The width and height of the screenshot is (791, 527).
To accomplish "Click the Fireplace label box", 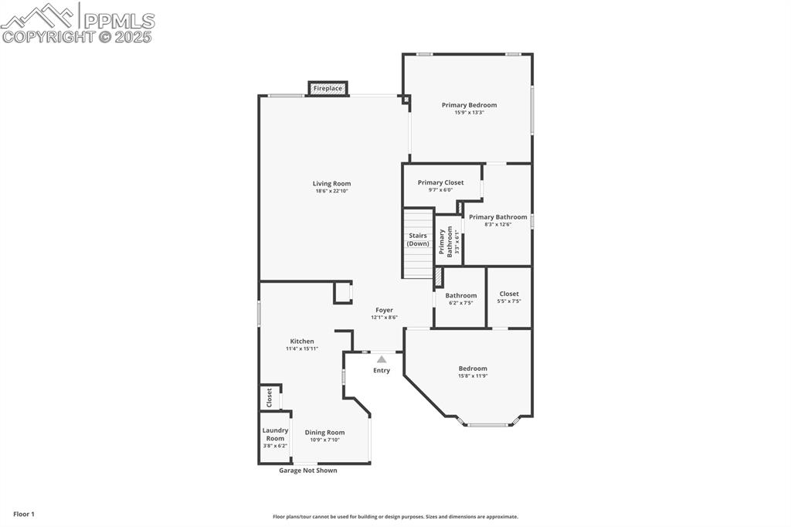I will (328, 89).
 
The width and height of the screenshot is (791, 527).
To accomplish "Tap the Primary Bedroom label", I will (469, 105).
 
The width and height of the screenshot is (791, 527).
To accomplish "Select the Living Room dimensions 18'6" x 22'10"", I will (331, 191).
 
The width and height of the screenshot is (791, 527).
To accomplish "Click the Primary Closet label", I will (440, 182).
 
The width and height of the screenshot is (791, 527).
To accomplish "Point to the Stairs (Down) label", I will (418, 240).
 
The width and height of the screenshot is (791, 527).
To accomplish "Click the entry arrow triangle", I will (382, 359).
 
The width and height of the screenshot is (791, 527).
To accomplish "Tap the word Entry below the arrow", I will (382, 371).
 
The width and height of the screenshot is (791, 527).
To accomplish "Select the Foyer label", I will (384, 310).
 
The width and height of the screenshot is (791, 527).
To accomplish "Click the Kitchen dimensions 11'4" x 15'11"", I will (302, 348).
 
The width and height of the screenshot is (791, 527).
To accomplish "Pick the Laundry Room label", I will (275, 434).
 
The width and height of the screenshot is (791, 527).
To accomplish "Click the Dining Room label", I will (324, 433).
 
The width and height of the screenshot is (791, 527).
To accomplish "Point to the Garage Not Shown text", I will (308, 471).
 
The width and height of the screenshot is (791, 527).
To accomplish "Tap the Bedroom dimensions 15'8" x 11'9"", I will (473, 376).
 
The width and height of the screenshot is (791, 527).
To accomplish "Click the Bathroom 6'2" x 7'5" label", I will (461, 296).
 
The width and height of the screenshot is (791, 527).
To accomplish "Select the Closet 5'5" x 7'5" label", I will (509, 294).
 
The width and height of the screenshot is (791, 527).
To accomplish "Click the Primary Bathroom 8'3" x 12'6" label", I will (498, 217).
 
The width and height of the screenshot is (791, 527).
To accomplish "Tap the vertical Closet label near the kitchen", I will (269, 398).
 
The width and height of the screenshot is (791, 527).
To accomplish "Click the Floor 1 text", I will (24, 514).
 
